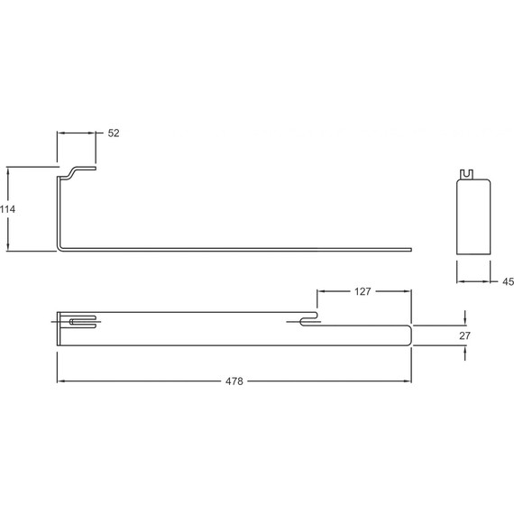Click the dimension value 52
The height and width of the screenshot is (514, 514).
114,133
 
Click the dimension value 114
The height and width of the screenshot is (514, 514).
9,208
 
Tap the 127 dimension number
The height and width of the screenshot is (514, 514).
363,291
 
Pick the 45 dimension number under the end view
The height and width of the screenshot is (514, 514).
508,282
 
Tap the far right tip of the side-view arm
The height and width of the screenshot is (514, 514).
410,247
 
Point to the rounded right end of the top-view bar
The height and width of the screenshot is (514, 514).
410,334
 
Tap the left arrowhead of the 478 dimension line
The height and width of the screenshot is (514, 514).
61,381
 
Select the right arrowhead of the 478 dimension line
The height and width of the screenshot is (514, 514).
408,381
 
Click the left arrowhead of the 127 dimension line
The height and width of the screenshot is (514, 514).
320,291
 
